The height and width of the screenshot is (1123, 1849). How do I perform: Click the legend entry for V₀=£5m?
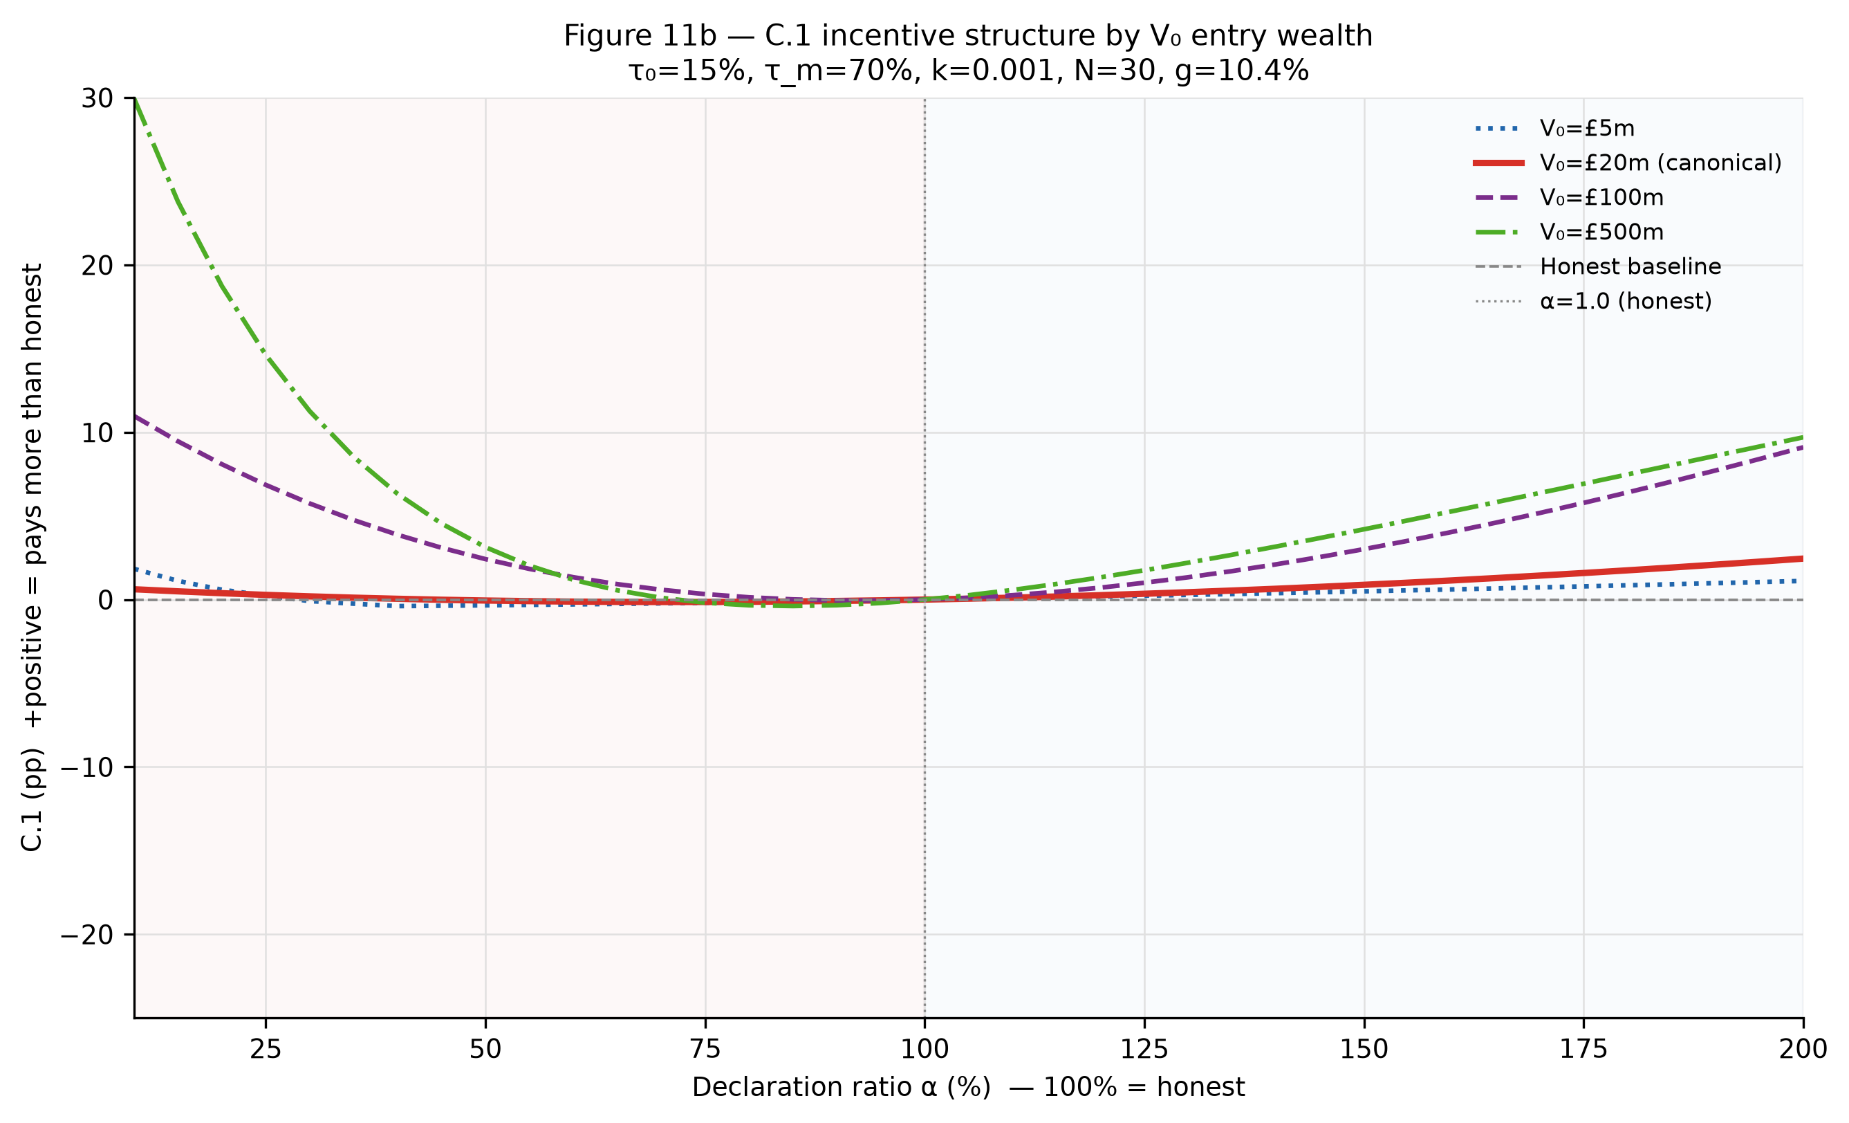pos(1553,129)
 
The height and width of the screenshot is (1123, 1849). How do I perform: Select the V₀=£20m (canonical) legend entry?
pos(1627,163)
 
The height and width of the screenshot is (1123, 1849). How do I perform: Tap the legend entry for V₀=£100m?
pos(1568,197)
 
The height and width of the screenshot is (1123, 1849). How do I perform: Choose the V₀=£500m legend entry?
pos(1568,232)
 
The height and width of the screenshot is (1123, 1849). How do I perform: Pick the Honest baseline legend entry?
pos(1597,266)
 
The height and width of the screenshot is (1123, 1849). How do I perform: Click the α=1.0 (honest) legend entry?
pos(1593,301)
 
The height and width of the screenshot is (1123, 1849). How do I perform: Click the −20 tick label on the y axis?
pos(87,935)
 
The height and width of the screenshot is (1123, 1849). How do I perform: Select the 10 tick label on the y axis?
pos(97,432)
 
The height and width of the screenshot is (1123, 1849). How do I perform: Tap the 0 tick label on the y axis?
pos(106,600)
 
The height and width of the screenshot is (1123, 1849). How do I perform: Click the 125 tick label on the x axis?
pos(1144,1049)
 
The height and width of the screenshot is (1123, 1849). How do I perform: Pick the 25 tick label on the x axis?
pos(266,1049)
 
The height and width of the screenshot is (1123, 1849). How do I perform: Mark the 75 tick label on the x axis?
pos(705,1049)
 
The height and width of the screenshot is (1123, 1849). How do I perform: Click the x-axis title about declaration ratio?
pos(969,1087)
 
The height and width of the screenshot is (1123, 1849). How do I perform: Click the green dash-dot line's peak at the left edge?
pos(135,98)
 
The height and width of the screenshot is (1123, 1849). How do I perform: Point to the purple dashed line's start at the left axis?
pos(135,416)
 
